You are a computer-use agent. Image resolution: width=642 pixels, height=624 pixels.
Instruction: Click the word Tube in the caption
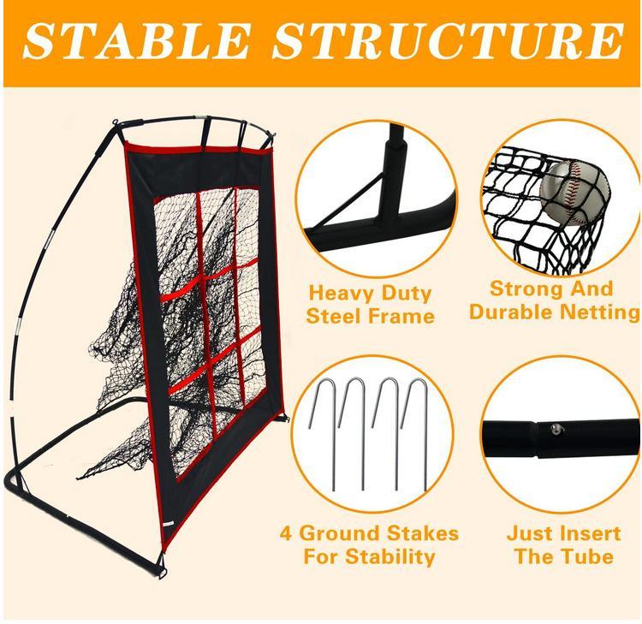(x=587, y=556)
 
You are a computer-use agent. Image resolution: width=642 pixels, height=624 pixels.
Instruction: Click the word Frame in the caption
(x=404, y=316)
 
